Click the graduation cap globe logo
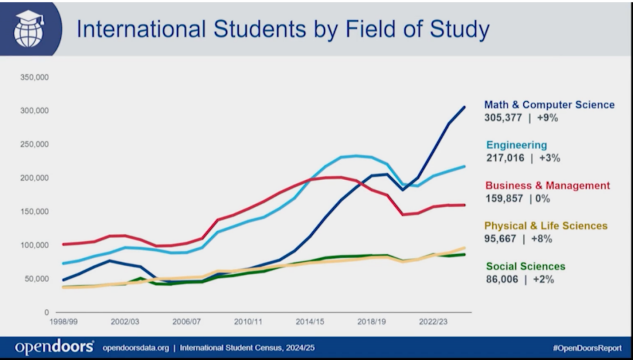pyautogui.click(x=29, y=28)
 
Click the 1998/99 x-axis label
pyautogui.click(x=65, y=321)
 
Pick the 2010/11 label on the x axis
pyautogui.click(x=249, y=321)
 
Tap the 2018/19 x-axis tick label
pyautogui.click(x=371, y=321)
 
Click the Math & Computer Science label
pyautogui.click(x=549, y=105)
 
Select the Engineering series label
pyautogui.click(x=516, y=145)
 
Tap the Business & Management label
pyautogui.click(x=547, y=186)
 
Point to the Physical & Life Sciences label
pyautogui.click(x=546, y=226)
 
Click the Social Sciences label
pyautogui.click(x=526, y=266)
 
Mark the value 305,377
pyautogui.click(x=503, y=118)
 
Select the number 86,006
pyautogui.click(x=502, y=280)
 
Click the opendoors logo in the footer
pyautogui.click(x=54, y=347)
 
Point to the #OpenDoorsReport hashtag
pyautogui.click(x=587, y=348)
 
